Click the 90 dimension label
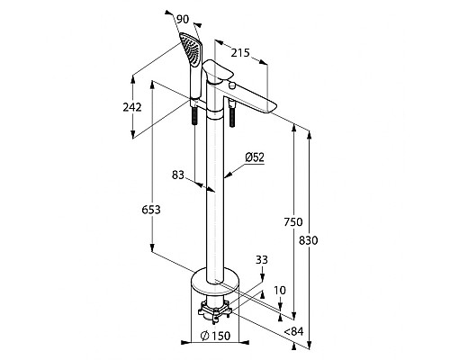183,19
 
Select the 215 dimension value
240,53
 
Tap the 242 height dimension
132,107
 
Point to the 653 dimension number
151,210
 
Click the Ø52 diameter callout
255,157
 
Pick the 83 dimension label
178,175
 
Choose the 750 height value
293,222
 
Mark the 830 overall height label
308,240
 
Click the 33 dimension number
262,259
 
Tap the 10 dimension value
280,290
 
